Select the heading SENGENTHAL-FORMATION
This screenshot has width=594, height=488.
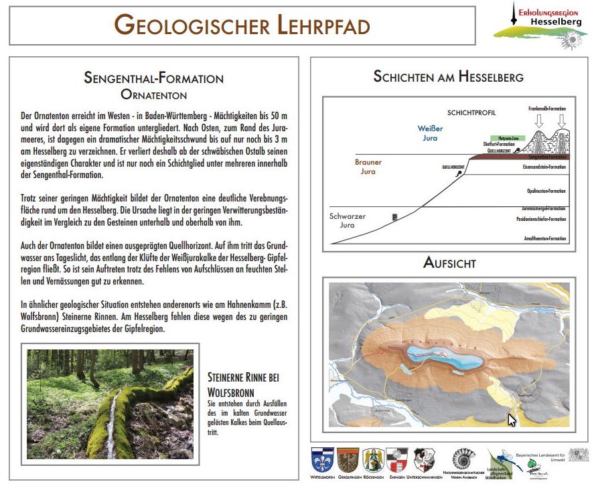pos(153,78)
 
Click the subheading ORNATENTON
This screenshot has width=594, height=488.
pos(153,94)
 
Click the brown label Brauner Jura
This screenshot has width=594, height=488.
pos(369,167)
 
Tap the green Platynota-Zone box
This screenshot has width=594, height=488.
pos(503,137)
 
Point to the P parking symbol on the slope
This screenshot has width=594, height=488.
pos(394,217)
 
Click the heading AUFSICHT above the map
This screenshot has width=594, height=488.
pos(449,262)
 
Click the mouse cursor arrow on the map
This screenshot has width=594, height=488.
pos(512,420)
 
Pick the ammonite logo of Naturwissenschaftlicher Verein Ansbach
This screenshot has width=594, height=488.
pos(463,459)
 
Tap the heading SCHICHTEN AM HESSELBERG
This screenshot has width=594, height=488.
pos(448,76)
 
